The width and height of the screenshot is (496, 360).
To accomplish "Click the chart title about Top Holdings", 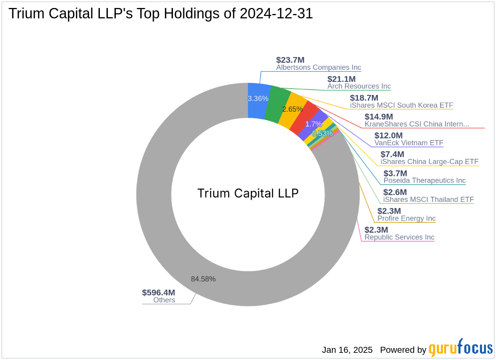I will [x=161, y=14].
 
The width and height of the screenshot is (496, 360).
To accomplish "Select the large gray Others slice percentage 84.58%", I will [x=203, y=279].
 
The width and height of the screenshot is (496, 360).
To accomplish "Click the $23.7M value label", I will [x=290, y=60].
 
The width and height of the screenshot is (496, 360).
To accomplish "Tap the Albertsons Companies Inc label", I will [x=318, y=67].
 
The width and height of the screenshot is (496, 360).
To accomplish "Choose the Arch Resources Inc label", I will [x=359, y=86].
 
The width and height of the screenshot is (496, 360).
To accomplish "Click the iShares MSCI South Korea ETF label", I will [x=401, y=105].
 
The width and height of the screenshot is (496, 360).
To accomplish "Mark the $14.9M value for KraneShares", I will [x=379, y=117].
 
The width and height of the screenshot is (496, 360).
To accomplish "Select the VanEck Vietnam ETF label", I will [x=409, y=143].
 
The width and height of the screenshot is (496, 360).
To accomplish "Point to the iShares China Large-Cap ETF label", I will [x=429, y=162].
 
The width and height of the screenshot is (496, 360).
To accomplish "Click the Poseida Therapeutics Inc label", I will [x=425, y=180].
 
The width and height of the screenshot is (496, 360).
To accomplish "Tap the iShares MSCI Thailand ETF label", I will [x=429, y=200].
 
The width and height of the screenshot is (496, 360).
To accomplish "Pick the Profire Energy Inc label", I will [x=406, y=218].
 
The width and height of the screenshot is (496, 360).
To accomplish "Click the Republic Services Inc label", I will [x=399, y=237].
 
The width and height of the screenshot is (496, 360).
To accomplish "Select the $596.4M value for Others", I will [x=159, y=293].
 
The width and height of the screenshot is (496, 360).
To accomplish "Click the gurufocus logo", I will [x=460, y=348].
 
